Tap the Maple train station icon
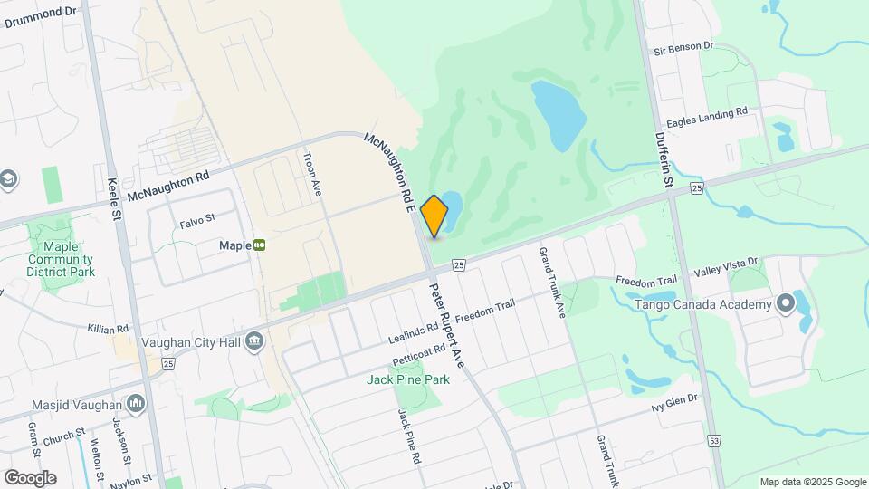click(260, 244)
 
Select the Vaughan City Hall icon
click(254, 341)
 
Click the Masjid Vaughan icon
click(136, 402)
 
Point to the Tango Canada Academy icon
click(785, 304)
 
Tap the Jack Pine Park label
click(408, 379)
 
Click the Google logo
click(30, 477)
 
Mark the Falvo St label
click(196, 219)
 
